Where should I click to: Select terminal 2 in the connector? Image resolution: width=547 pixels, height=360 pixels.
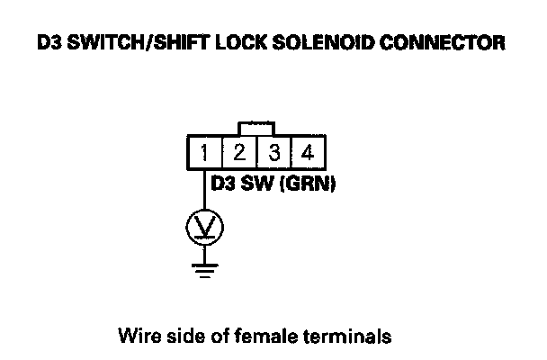[238, 152]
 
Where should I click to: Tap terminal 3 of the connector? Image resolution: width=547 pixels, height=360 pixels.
[273, 152]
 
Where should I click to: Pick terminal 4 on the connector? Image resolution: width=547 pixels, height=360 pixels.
[307, 152]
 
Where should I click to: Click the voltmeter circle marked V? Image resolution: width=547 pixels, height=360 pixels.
[204, 226]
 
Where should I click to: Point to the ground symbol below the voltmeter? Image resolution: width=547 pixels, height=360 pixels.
[204, 268]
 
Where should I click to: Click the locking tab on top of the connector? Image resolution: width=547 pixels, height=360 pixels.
[256, 127]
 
